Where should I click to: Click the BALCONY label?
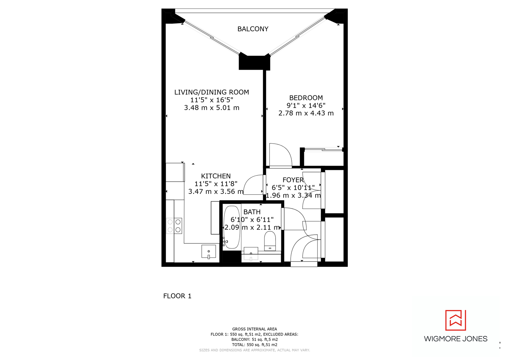point(253,29)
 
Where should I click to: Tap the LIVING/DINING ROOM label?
point(211,92)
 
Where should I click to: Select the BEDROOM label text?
point(306,98)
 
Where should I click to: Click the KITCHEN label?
point(216,176)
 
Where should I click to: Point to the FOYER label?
point(293,180)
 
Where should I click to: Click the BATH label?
point(252,212)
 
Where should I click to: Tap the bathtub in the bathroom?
point(232,227)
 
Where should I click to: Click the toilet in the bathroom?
point(270,241)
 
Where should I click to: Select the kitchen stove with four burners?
point(174,226)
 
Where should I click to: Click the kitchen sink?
point(209,252)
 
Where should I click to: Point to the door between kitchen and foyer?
point(253,185)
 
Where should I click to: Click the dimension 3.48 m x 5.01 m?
point(211,108)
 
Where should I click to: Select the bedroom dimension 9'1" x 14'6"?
point(306,105)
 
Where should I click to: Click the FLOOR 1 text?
point(177,296)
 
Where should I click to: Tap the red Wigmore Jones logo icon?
point(455,320)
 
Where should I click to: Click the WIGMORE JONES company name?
point(455,339)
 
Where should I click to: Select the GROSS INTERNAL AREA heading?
point(254,329)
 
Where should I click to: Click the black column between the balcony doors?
point(254,63)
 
